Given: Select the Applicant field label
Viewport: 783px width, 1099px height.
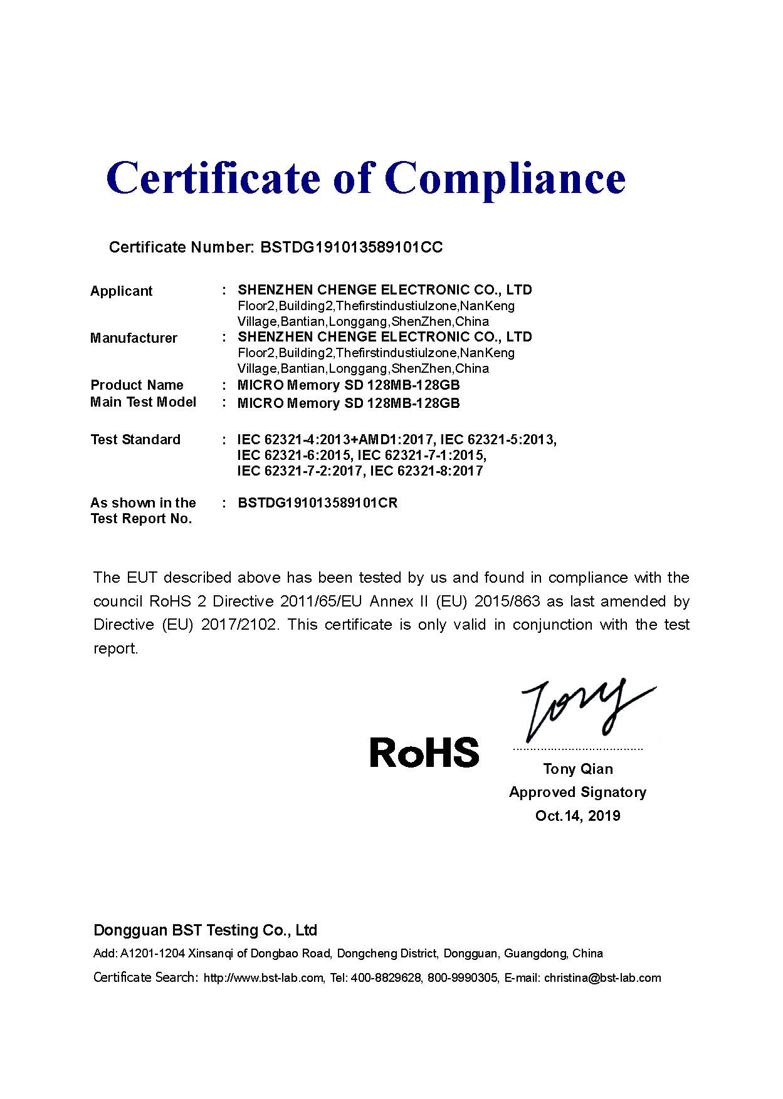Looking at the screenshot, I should [x=122, y=291].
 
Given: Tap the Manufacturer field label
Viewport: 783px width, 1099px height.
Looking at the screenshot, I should [x=134, y=338].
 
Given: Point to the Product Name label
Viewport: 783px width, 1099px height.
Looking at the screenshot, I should [x=137, y=385].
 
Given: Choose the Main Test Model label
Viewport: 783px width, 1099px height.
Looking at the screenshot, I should [x=143, y=402].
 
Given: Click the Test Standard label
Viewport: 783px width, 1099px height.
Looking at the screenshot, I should [x=135, y=439].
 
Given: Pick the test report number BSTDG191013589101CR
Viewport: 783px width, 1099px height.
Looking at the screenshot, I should [x=318, y=503].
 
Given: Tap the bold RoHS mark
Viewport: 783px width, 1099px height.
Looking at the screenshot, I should [x=424, y=753].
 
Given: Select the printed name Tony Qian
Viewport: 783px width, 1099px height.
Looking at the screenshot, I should [x=578, y=769].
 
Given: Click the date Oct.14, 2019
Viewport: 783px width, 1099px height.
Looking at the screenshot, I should [x=577, y=816].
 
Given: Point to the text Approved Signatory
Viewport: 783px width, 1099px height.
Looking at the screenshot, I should [x=577, y=793].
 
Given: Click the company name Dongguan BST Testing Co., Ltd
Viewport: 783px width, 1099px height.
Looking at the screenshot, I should [x=205, y=930].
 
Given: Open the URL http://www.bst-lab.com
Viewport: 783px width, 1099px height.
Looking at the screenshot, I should [x=263, y=978].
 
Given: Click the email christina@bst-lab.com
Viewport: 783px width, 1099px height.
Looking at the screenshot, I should [x=602, y=978].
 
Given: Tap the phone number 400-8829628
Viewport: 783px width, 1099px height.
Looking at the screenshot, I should [x=386, y=978].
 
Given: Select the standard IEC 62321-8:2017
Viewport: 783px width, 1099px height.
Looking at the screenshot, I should [x=426, y=471].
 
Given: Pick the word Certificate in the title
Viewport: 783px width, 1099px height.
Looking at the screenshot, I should [x=213, y=179].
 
